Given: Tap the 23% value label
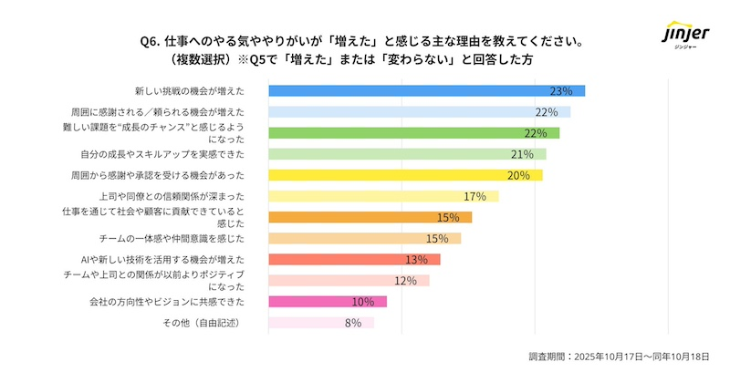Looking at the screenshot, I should pyautogui.click(x=560, y=90).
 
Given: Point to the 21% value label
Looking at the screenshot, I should pyautogui.click(x=522, y=154).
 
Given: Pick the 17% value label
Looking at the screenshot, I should pyautogui.click(x=474, y=196).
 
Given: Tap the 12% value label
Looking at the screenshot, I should pyautogui.click(x=405, y=280).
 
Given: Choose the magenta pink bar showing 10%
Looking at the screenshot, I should pyautogui.click(x=327, y=301).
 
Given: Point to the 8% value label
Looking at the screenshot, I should pyautogui.click(x=353, y=322).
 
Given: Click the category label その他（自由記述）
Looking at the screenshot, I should pyautogui.click(x=203, y=322).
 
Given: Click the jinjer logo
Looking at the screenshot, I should pyautogui.click(x=683, y=36).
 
